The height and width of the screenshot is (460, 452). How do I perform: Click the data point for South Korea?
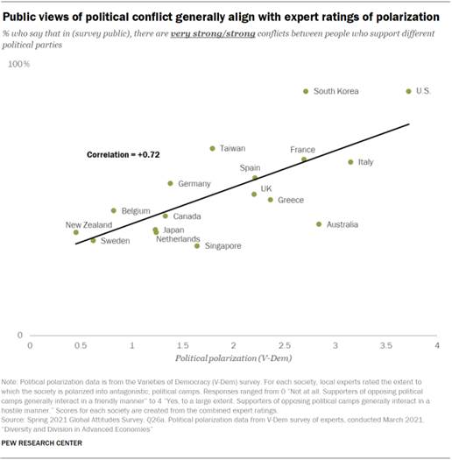point(306,91)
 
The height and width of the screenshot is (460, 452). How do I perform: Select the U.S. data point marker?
point(408,91)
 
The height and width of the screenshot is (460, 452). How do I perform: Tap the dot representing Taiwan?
point(212,148)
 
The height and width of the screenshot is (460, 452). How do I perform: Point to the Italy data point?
point(350,162)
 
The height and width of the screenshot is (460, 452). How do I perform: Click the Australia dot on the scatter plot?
point(319,224)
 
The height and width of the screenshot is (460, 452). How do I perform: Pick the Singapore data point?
point(197,246)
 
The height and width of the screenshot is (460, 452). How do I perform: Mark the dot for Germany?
point(170,183)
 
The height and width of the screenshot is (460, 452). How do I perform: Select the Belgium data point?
point(113,210)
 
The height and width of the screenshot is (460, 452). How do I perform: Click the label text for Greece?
point(291,201)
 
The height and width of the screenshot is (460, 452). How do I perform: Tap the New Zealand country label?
point(88,225)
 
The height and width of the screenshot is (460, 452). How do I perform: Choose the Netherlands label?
point(178,238)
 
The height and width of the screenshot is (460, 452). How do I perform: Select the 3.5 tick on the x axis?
point(385,347)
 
